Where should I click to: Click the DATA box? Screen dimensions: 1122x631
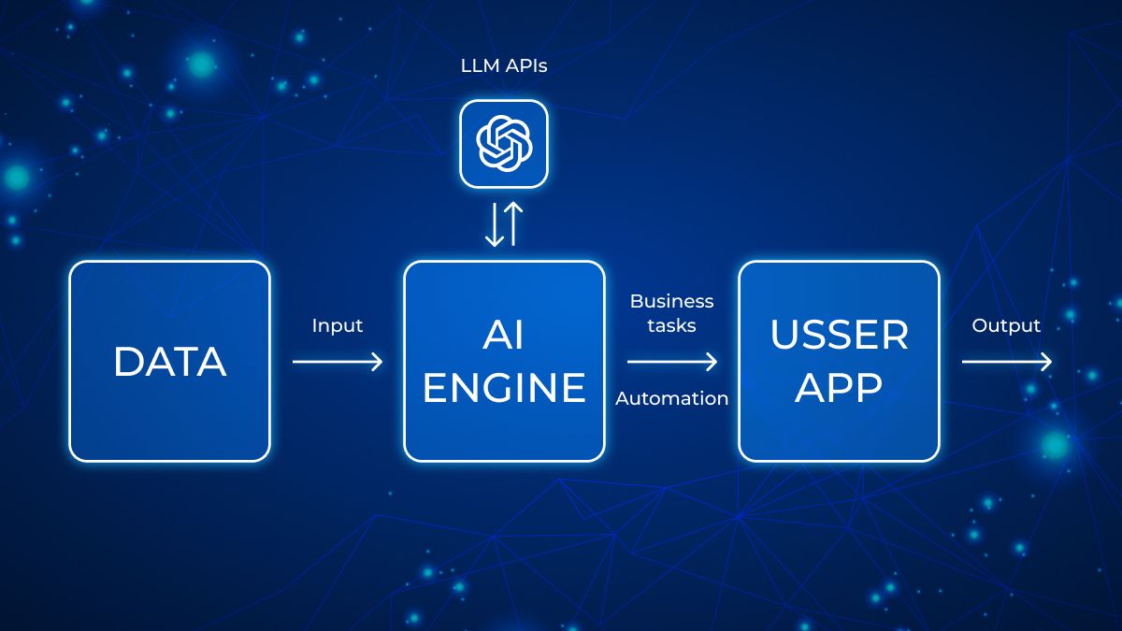[170, 361]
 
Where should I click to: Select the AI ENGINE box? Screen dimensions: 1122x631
[504, 361]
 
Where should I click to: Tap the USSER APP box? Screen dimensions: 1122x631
[839, 361]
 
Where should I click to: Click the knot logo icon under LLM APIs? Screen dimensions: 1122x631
[504, 144]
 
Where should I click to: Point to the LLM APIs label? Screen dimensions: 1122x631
[504, 65]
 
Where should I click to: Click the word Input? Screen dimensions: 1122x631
[338, 325]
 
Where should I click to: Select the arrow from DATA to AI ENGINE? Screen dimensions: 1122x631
[338, 362]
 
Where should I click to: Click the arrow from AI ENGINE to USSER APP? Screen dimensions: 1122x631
[672, 362]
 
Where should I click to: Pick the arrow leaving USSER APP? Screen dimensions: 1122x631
[1007, 362]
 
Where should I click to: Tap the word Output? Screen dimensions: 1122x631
[1006, 325]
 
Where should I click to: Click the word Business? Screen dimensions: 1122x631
[671, 301]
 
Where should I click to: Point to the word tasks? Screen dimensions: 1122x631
[671, 325]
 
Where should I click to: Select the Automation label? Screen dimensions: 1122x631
[672, 398]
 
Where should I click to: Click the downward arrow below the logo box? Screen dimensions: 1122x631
[495, 225]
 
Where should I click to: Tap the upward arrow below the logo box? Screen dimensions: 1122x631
[513, 223]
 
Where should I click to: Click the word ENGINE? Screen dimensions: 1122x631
[504, 387]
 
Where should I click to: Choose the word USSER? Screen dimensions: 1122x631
[839, 335]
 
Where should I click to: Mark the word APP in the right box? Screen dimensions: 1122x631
[839, 387]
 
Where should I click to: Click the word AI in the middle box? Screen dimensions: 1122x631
[504, 335]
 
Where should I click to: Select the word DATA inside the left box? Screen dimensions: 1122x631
[170, 361]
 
